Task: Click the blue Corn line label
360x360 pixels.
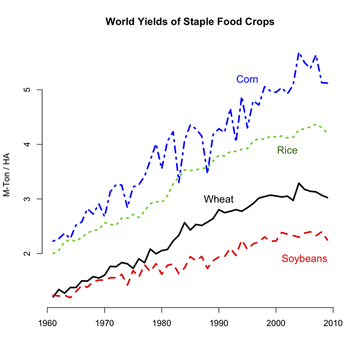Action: click(247, 79)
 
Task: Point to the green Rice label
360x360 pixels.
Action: click(287, 150)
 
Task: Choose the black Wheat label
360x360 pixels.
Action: click(219, 199)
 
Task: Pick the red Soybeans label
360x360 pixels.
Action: click(304, 259)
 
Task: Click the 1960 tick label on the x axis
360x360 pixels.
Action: click(47, 323)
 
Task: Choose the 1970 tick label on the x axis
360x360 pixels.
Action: click(105, 323)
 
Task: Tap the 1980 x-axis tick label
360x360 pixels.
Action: click(162, 323)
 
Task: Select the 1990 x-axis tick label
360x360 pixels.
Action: click(219, 323)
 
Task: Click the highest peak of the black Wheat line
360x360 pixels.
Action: click(299, 183)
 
